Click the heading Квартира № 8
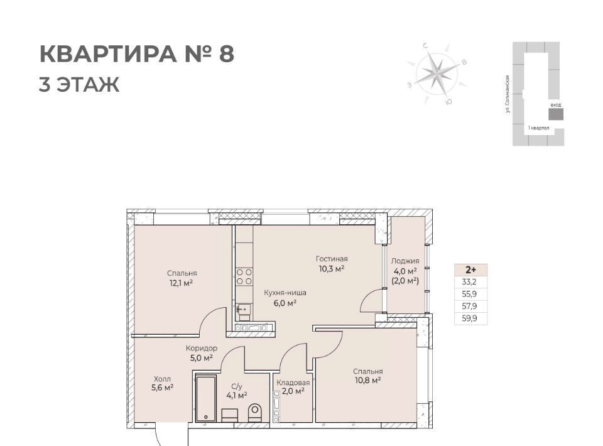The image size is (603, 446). [137, 54]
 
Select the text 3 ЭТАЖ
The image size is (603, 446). [79, 85]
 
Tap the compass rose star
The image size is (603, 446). [437, 72]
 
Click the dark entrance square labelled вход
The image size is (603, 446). [556, 114]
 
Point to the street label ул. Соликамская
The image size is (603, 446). [508, 94]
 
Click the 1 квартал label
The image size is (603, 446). [539, 128]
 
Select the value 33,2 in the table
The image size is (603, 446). [469, 282]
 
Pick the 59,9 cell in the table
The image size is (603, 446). [469, 318]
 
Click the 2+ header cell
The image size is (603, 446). [470, 269]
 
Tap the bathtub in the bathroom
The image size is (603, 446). [206, 399]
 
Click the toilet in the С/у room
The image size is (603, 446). [254, 413]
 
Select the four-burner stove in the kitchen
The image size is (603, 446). [244, 277]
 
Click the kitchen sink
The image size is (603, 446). [244, 308]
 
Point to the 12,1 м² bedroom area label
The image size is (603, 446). [181, 283]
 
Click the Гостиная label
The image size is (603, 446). [332, 259]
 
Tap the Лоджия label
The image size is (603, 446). [405, 261]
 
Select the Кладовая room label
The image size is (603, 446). [293, 383]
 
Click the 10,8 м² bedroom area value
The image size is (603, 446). [368, 381]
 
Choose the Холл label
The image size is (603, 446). [162, 379]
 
